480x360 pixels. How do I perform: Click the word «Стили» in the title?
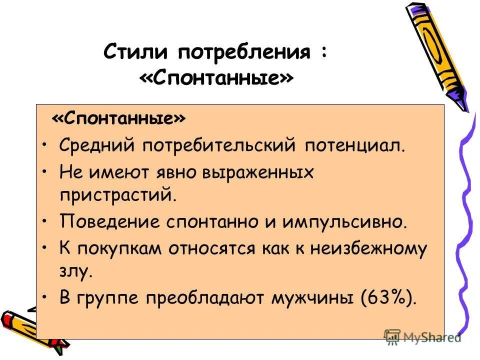[x=134, y=52]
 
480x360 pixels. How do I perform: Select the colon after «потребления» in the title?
[x=324, y=52]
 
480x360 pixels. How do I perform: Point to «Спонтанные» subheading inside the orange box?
[x=118, y=119]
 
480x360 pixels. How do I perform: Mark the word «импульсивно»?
[x=347, y=221]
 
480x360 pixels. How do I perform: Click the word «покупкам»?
[x=122, y=248]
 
